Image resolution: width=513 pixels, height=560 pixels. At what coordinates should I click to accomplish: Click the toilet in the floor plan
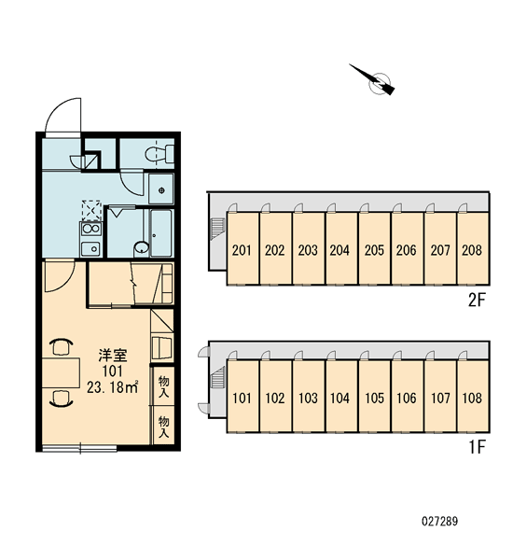pos(159,154)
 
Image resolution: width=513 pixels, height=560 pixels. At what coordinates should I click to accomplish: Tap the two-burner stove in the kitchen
pos(91,229)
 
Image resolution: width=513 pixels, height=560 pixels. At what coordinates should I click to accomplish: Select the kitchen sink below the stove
pos(91,248)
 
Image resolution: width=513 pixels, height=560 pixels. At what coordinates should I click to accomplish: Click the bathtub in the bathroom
pos(160,232)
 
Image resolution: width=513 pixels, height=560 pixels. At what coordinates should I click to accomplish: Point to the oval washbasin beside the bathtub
pos(142,247)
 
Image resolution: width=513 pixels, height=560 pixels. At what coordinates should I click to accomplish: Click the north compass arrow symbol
pos(373,80)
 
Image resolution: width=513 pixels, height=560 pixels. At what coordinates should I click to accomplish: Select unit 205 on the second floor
pos(374,249)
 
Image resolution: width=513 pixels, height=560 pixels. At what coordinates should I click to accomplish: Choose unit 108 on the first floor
pos(473,397)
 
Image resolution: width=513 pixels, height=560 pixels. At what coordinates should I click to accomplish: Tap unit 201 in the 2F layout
pos(243,249)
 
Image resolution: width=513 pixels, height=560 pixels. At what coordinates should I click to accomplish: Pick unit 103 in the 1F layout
pos(308,397)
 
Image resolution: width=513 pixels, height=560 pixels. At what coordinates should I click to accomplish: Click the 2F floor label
pos(477,301)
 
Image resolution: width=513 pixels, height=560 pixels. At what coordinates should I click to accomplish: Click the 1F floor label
pos(478,447)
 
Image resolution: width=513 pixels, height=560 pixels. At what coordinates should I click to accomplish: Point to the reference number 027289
pos(439,521)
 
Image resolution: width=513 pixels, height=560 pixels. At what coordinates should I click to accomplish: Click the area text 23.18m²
pos(112,387)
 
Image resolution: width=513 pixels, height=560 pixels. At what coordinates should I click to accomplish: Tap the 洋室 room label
pos(113,356)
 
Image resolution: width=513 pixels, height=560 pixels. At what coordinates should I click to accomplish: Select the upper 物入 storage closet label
pos(163,387)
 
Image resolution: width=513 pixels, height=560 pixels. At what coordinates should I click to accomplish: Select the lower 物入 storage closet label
pos(163,427)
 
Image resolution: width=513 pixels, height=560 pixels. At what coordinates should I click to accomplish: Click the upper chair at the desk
pos(61,347)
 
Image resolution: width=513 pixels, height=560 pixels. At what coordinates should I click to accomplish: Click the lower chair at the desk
pos(61,399)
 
